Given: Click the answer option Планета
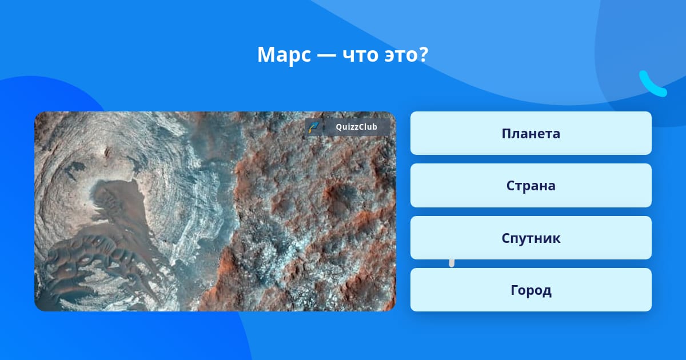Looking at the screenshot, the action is tap(531, 133).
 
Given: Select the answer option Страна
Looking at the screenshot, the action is tap(531, 186).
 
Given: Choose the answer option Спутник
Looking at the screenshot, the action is tap(531, 238).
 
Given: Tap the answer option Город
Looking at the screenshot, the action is tap(531, 290).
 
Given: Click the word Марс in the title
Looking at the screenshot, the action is tap(284, 55).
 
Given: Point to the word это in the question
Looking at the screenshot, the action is tap(400, 55).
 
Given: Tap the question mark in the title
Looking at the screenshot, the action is tap(422, 54).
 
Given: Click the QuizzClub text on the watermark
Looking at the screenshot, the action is tap(356, 127).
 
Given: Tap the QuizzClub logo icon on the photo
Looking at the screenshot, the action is tap(314, 127).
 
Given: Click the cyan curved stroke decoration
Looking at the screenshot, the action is tap(652, 84).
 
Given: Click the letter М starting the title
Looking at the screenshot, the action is tap(267, 55).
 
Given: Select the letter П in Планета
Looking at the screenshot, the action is tap(507, 134).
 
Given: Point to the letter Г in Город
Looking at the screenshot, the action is tap(514, 290).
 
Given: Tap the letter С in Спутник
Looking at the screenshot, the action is tap(506, 238).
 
